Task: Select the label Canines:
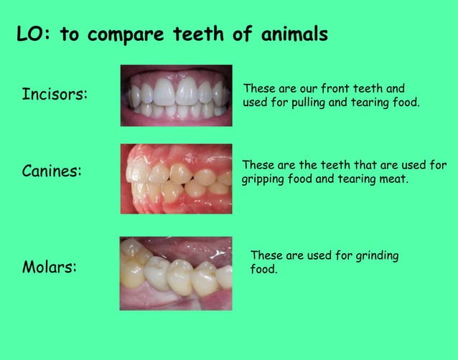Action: coord(52,172)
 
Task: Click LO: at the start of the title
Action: coord(34,34)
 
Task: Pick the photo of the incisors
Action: coord(177,95)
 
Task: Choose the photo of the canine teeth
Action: coord(177,179)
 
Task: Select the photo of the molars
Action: coord(177,273)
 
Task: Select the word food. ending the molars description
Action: coord(263,270)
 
